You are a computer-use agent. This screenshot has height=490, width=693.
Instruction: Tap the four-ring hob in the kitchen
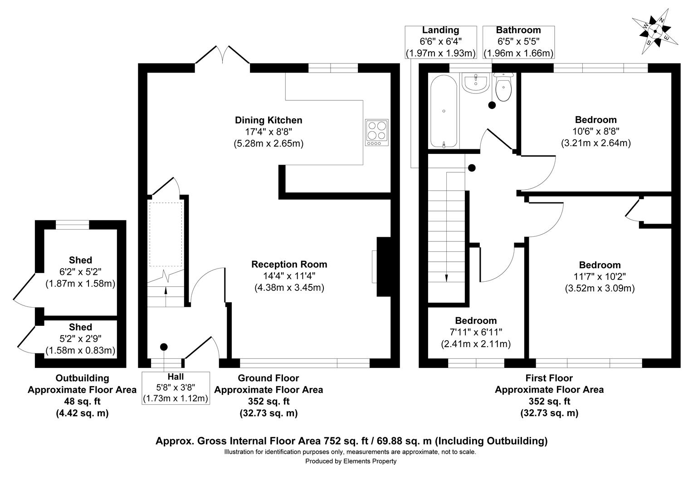(377, 132)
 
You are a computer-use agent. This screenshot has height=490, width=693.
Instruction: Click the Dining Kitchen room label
(268, 120)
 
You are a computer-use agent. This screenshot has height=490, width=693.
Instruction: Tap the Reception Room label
(289, 265)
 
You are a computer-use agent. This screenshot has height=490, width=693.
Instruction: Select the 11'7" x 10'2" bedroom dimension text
(599, 276)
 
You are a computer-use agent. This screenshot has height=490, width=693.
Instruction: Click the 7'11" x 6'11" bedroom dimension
(476, 332)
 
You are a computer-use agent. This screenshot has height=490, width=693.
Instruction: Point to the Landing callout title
(440, 30)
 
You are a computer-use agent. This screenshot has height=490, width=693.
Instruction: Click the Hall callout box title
(176, 377)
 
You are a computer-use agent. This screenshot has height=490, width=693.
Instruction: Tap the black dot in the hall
(164, 347)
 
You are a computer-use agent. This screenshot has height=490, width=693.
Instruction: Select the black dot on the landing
(472, 168)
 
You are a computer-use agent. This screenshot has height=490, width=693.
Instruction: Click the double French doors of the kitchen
(222, 55)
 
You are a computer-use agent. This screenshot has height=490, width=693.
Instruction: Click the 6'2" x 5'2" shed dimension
(80, 272)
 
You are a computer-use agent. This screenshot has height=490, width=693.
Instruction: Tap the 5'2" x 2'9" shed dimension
(80, 339)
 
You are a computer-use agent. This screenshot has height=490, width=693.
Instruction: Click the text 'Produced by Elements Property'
(351, 461)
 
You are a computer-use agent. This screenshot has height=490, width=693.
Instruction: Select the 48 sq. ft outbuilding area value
(82, 402)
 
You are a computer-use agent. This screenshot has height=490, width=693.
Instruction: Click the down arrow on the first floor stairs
(447, 278)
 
